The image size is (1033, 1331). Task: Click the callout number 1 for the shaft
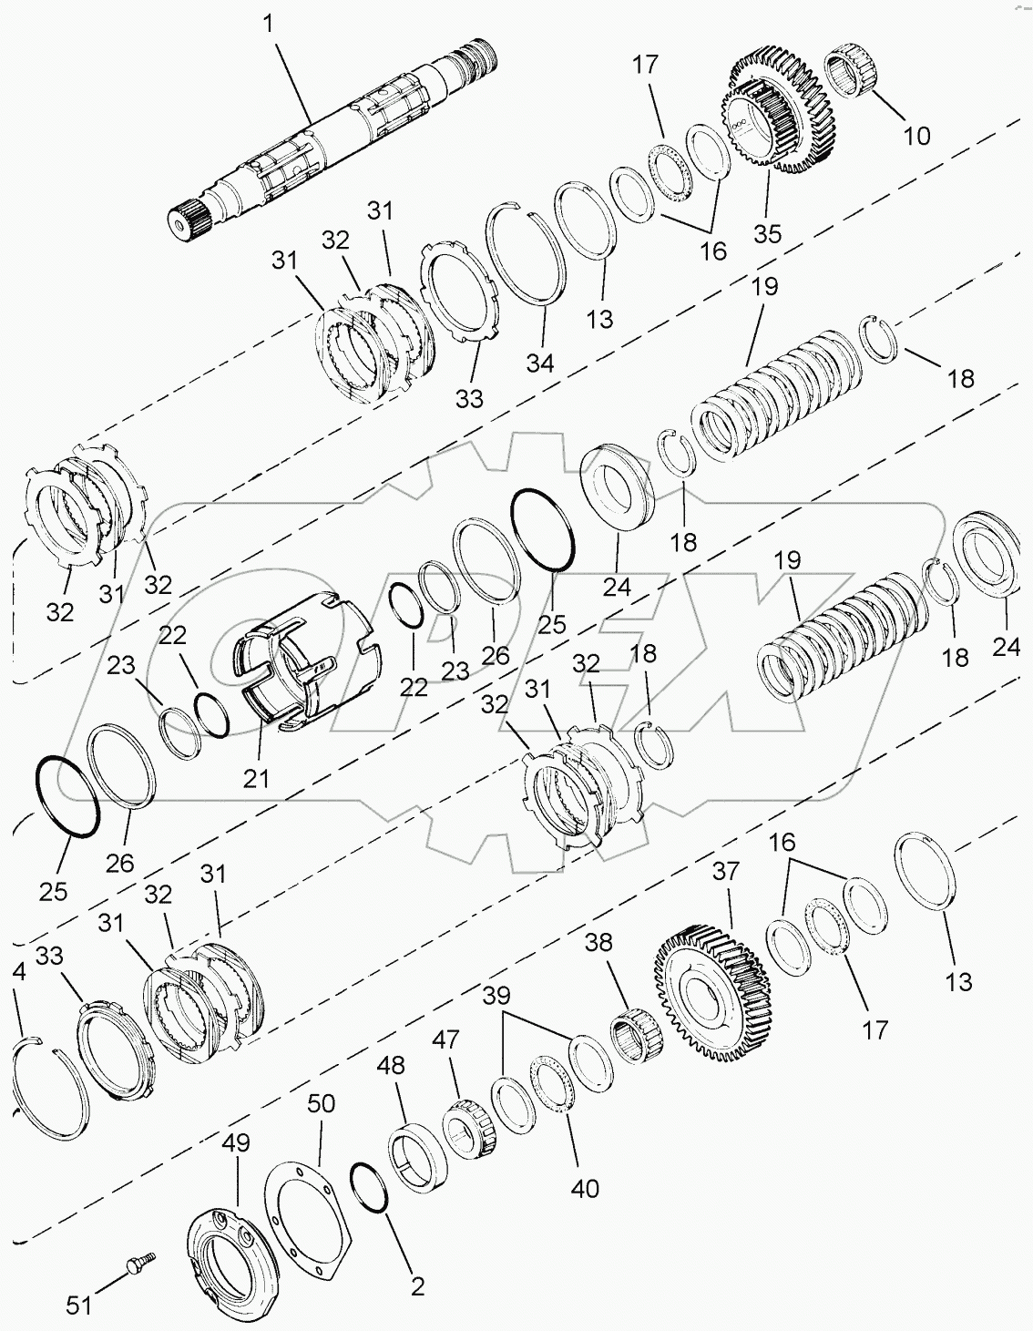[x=269, y=24]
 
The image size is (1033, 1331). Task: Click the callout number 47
[x=445, y=1040]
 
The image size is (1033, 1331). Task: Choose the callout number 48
[x=395, y=1065]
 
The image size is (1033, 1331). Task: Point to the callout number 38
[x=598, y=942]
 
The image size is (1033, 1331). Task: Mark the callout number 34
[x=539, y=363]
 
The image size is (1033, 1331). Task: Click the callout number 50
[x=321, y=1103]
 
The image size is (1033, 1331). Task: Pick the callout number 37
[x=726, y=872]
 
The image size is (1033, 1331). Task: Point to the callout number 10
[x=916, y=135]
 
